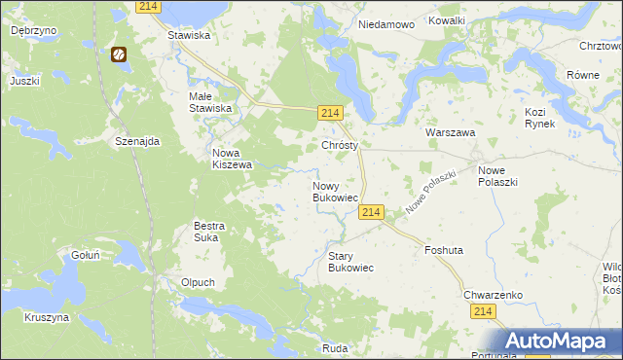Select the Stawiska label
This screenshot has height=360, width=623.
pos(190,35)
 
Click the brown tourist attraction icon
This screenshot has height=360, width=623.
pos(119,55)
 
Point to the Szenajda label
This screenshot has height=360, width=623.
pos(136,141)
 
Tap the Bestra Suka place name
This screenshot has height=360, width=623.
pos(209,232)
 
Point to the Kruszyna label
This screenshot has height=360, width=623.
pos(47,317)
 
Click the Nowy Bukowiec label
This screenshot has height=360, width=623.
pos(334,192)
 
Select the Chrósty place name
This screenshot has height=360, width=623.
pos(341,145)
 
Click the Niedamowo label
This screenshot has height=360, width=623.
pos(386,22)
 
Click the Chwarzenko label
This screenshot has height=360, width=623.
pos(495,294)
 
